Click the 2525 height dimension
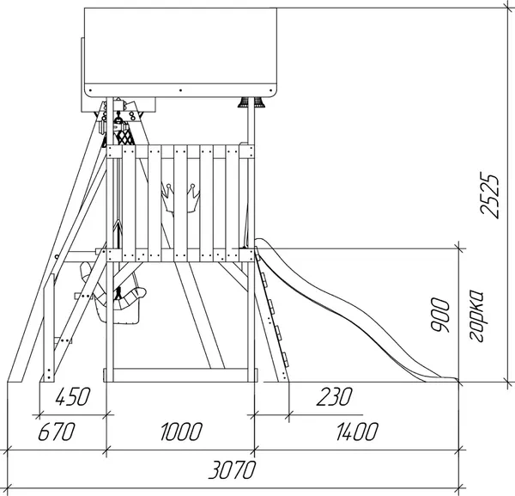pyautogui.click(x=489, y=195)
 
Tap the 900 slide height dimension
pyautogui.click(x=440, y=315)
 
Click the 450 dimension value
pyautogui.click(x=73, y=396)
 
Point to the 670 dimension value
pyautogui.click(x=57, y=432)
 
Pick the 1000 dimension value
pyautogui.click(x=181, y=432)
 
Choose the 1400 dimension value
pyautogui.click(x=357, y=432)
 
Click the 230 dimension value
pyautogui.click(x=335, y=396)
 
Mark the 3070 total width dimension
pyautogui.click(x=232, y=469)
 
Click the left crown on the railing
pyautogui.click(x=167, y=198)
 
